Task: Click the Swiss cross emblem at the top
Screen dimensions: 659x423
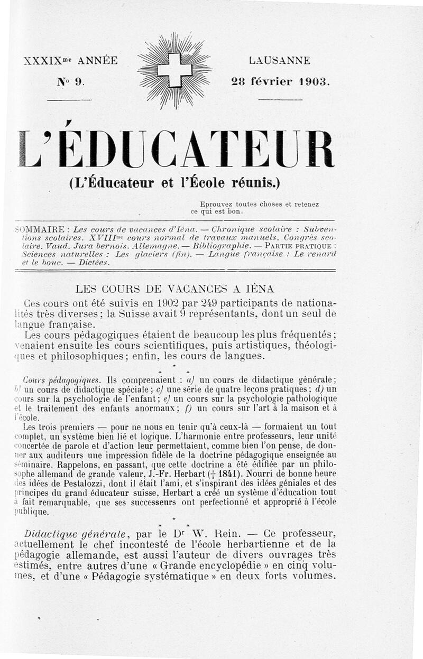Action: [174, 70]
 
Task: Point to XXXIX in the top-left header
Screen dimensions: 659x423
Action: [42, 61]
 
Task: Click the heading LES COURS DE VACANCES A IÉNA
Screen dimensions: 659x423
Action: [175, 289]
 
